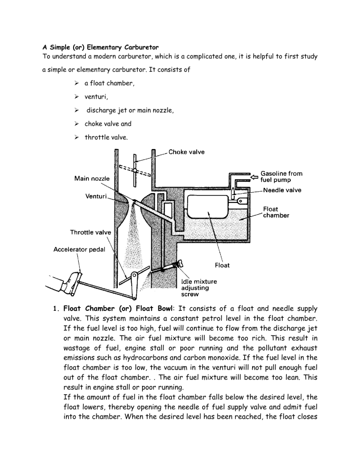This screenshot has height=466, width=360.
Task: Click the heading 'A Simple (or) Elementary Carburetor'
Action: click(103, 48)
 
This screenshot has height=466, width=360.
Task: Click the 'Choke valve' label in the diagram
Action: click(186, 152)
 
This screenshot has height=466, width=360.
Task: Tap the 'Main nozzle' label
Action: click(92, 179)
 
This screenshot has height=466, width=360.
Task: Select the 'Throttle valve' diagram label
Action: click(90, 232)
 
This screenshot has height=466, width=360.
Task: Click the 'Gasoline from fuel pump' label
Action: click(281, 176)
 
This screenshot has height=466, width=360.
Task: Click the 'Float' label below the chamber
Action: click(222, 265)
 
